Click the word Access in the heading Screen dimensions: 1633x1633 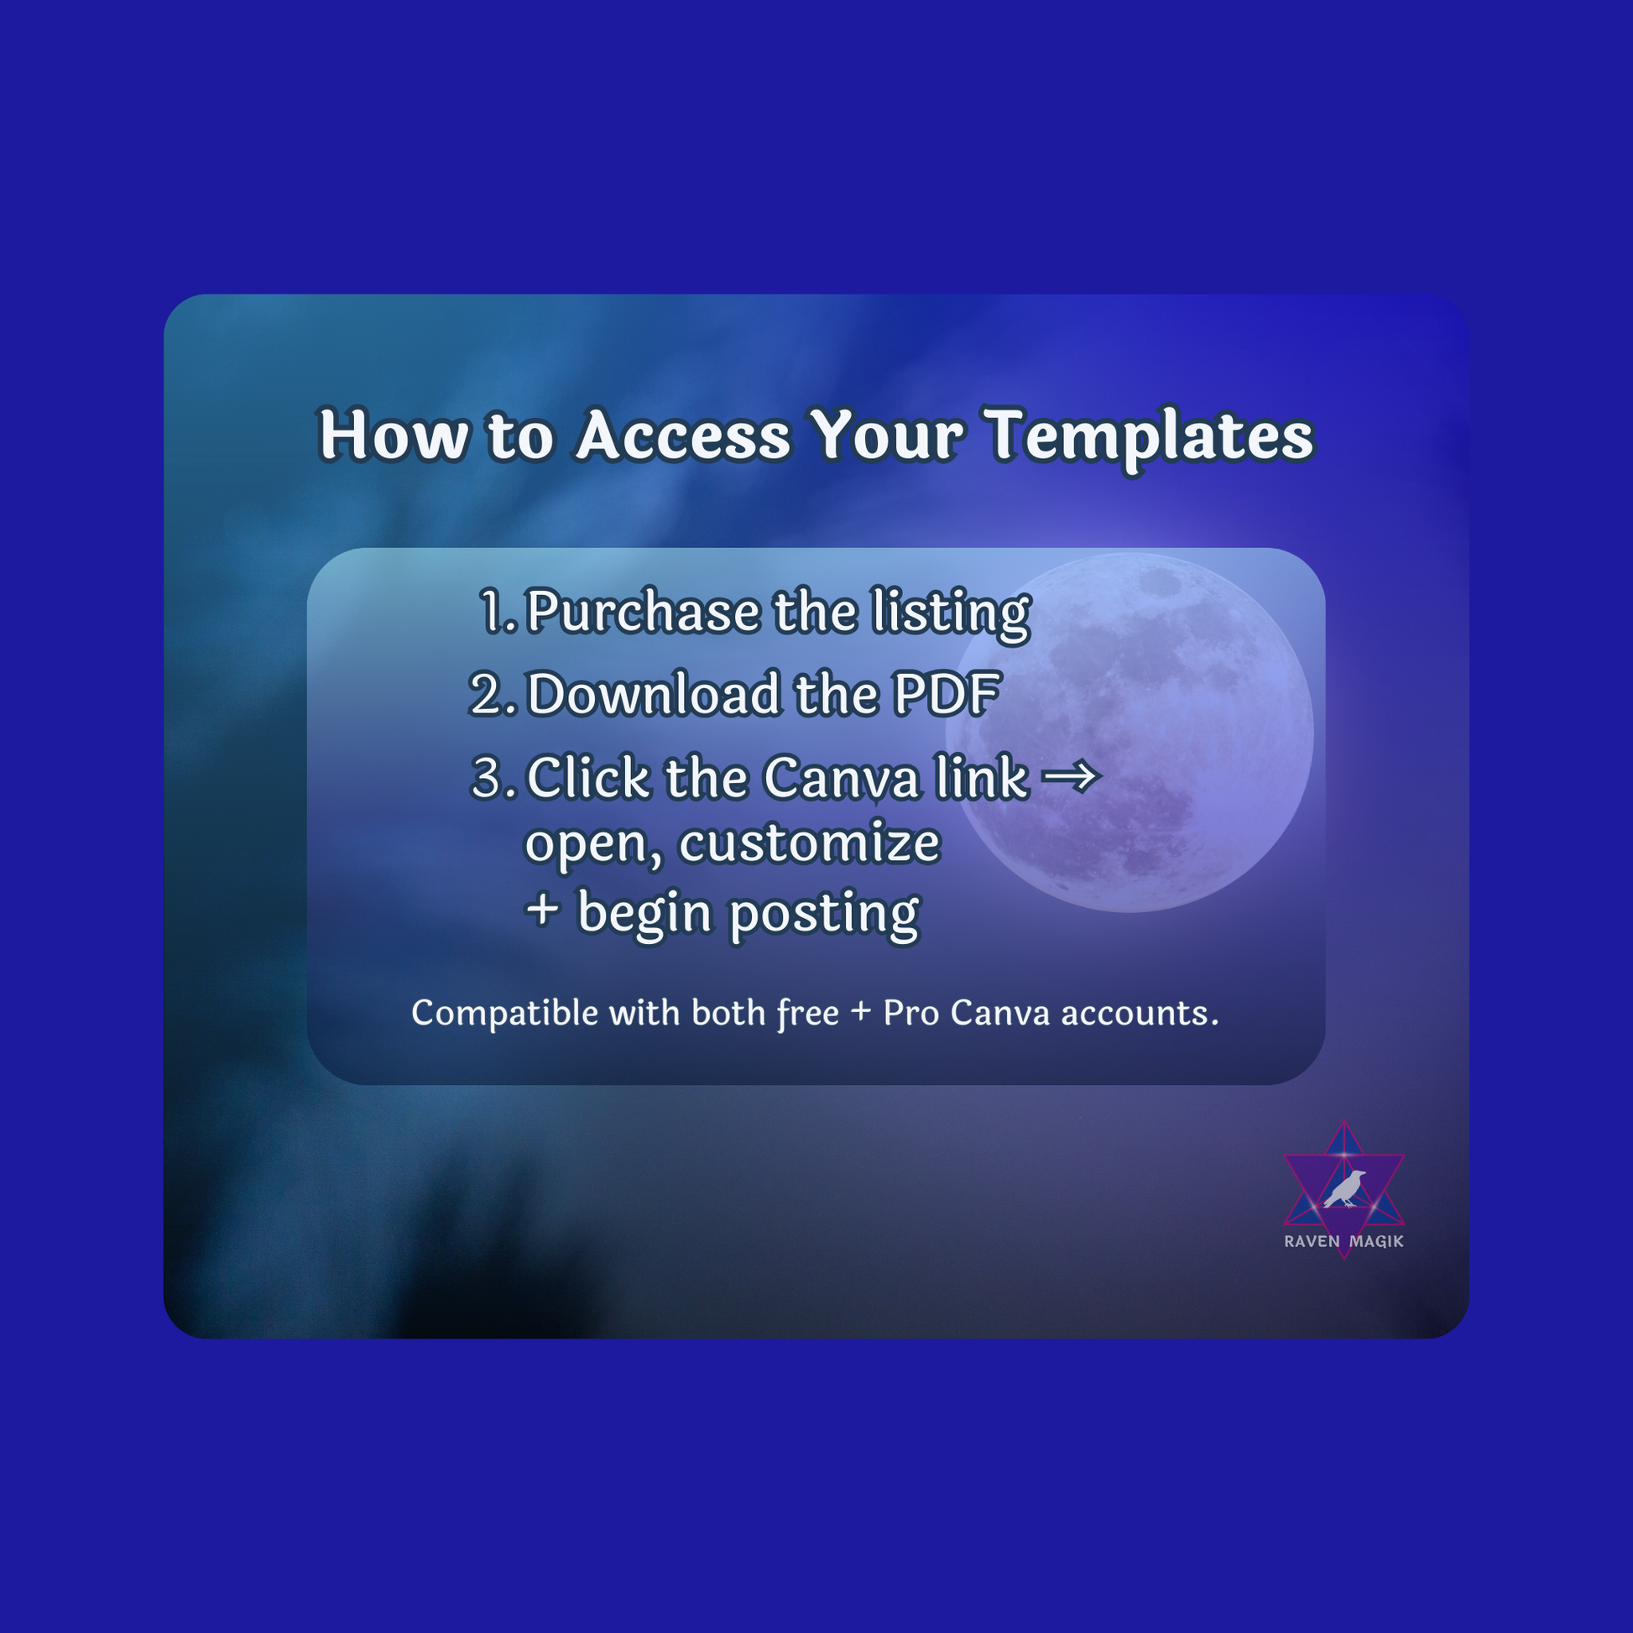pos(683,436)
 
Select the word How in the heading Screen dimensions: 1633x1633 pos(393,436)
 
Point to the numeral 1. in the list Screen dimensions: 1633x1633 pos(498,612)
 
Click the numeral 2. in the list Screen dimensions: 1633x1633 pos(493,695)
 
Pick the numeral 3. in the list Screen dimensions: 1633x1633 pos(493,778)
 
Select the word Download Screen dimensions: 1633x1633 pos(654,695)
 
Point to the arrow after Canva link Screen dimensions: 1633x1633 pos(1071,776)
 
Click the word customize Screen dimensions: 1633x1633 pos(809,843)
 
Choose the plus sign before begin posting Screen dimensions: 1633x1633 pos(543,911)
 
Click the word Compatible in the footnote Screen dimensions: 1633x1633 pos(503,1014)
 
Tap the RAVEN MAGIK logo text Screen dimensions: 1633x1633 pos(1344,1241)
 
